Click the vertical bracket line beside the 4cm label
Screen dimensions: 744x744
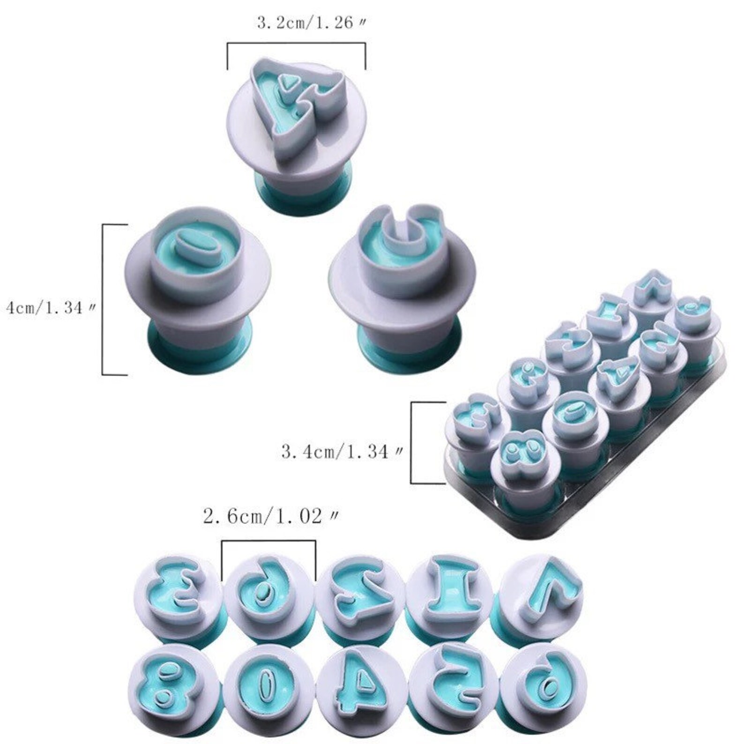point(103,300)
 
